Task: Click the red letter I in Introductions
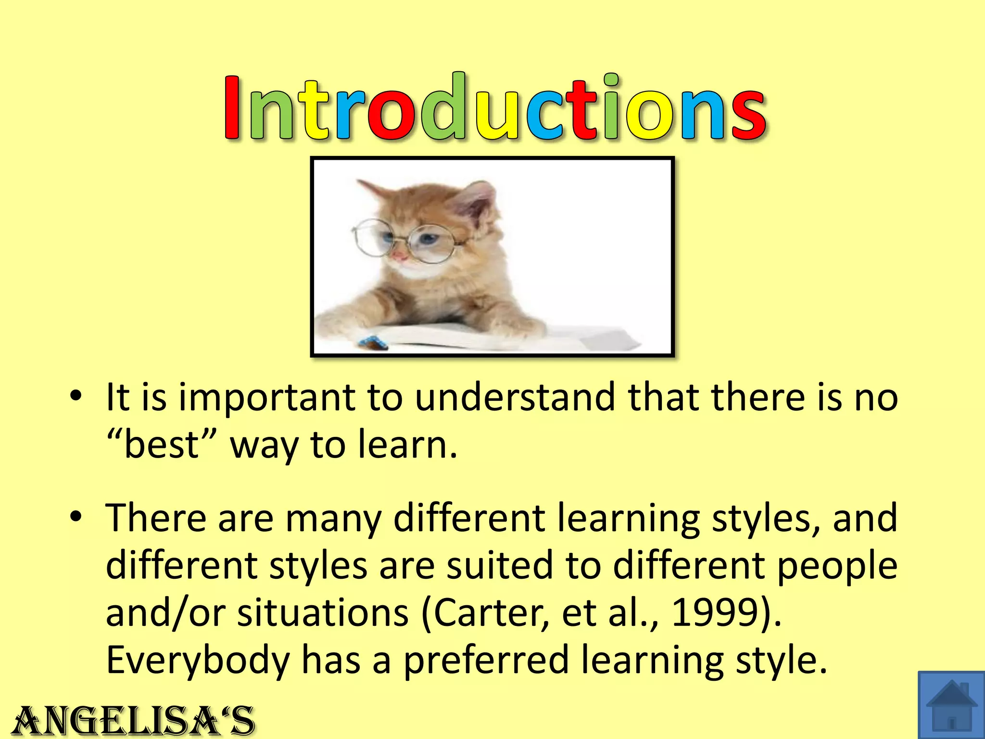tap(232, 108)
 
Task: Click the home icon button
tap(951, 705)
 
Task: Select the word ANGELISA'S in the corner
tap(134, 721)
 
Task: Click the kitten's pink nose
tap(399, 255)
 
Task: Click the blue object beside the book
tap(372, 342)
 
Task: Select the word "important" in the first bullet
tap(267, 398)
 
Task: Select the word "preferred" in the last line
tap(486, 661)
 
